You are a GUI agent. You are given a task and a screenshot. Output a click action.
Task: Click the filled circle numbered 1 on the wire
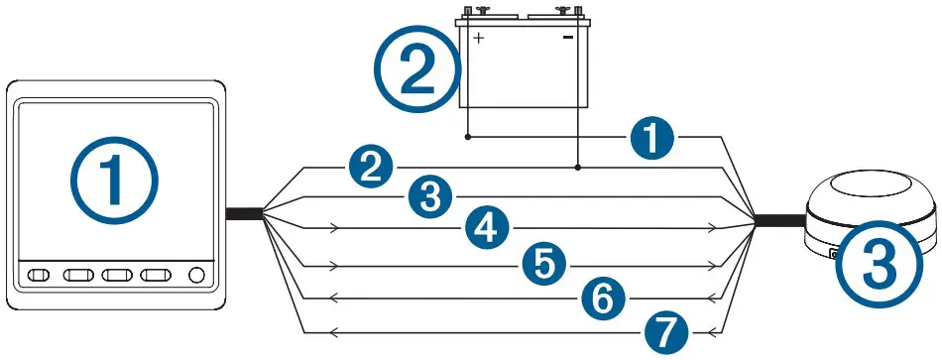tap(650, 142)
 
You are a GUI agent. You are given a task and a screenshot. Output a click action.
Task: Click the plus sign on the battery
tap(478, 38)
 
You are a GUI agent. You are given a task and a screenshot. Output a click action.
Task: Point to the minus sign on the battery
tap(568, 38)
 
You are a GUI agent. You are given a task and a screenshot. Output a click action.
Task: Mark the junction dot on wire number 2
tap(578, 170)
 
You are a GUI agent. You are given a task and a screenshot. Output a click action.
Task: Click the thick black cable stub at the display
tap(243, 212)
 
